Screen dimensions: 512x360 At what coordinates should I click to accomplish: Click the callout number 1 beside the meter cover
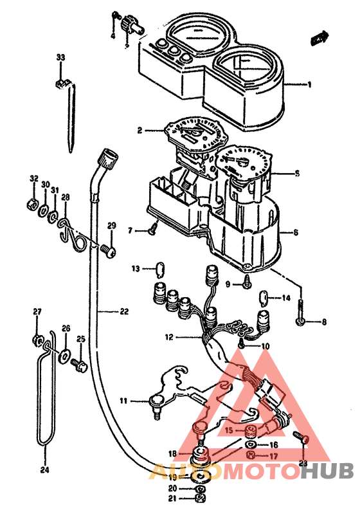pos(309,84)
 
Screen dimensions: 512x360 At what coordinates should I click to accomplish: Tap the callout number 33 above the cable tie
pos(60,58)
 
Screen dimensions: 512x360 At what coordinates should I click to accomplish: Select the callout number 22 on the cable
pos(123,312)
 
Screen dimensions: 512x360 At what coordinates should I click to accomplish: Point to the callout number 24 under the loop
pos(44,469)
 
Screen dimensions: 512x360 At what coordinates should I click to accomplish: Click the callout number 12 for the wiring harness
pos(168,337)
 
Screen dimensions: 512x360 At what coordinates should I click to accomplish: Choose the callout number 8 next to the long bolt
pos(324,322)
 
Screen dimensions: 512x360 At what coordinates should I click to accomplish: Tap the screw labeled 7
pos(153,229)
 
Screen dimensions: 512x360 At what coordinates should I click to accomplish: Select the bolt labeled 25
pos(79,365)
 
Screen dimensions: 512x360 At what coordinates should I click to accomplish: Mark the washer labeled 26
pos(66,354)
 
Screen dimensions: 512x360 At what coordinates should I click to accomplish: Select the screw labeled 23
pos(303,439)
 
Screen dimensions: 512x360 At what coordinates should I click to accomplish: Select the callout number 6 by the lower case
pos(296,232)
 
